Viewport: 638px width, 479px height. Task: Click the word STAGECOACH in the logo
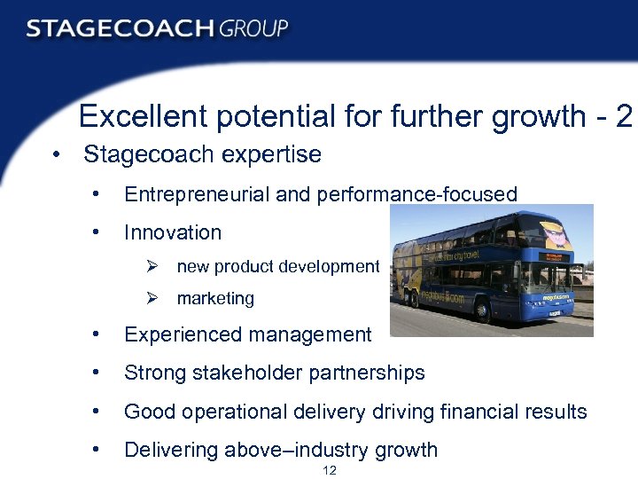pyautogui.click(x=120, y=28)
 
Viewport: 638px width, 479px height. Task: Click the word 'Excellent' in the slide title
pyautogui.click(x=137, y=116)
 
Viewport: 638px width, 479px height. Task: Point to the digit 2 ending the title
pyautogui.click(x=624, y=116)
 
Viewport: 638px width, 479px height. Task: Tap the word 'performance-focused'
pyautogui.click(x=416, y=194)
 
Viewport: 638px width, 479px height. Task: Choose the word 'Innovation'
pyautogui.click(x=173, y=232)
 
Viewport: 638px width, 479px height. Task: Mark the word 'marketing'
pyautogui.click(x=215, y=299)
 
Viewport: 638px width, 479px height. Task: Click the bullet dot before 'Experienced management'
pyautogui.click(x=95, y=334)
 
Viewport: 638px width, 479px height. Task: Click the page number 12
pyautogui.click(x=330, y=470)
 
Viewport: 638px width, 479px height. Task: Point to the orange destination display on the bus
pyautogui.click(x=550, y=256)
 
